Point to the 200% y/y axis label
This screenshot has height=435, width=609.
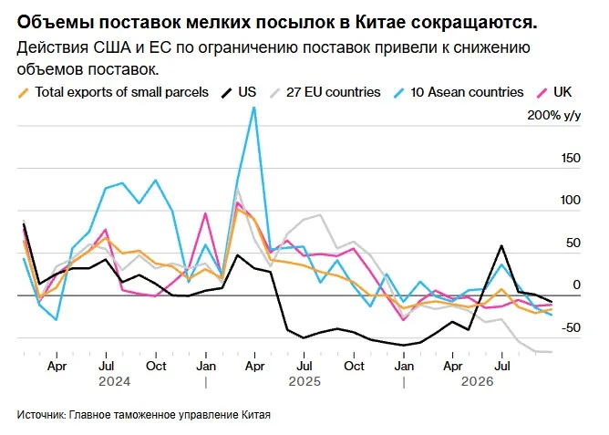554,115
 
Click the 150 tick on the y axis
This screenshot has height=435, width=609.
571,158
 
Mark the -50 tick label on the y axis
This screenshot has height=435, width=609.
571,327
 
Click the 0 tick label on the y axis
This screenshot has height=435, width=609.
576,285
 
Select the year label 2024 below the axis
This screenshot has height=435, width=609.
114,381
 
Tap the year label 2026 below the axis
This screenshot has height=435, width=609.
477,381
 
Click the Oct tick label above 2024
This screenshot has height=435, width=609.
156,366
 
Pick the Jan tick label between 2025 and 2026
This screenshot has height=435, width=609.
404,366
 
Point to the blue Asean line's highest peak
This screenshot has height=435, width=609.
254,107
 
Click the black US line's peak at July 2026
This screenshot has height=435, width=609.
501,245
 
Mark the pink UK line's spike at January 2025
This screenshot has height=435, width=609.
205,213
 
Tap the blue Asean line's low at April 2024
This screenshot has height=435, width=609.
57,320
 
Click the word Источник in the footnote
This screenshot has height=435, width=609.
42,414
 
